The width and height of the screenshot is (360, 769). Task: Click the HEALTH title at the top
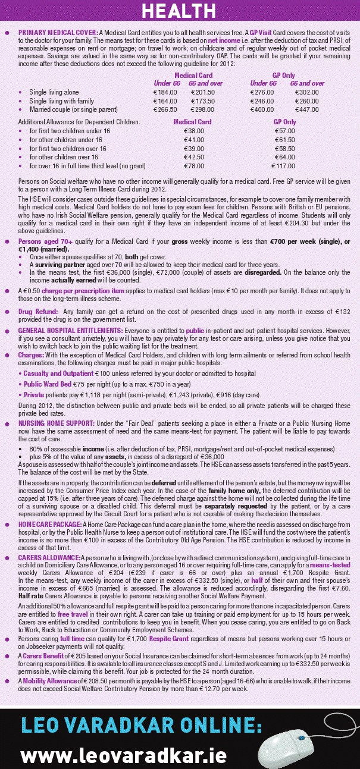[x=179, y=10]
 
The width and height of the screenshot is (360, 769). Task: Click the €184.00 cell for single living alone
[x=165, y=93]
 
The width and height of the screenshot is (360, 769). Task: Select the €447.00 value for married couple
[x=307, y=110]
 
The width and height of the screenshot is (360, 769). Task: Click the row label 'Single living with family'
[x=61, y=102]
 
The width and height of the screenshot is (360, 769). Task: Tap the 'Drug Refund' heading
[x=37, y=311]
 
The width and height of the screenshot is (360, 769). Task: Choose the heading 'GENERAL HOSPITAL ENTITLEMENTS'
[x=71, y=329]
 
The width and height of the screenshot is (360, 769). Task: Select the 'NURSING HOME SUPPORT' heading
[x=58, y=424]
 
